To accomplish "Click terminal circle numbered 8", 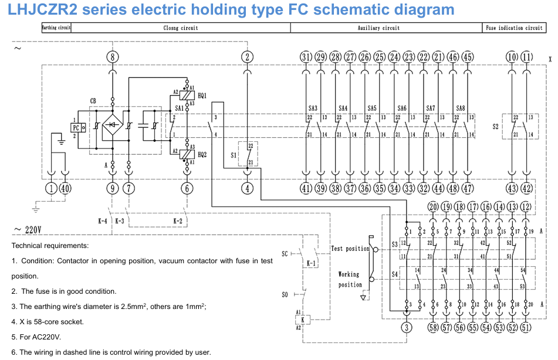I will [113, 57].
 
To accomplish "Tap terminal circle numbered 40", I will [65, 188].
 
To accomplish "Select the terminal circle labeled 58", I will [433, 327].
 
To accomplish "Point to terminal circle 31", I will [306, 57].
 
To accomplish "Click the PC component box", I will [76, 128].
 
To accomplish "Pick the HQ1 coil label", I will [202, 95].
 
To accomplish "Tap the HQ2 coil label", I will [202, 154].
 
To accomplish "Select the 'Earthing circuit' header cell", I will [56, 28].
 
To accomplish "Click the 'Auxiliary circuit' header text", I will [378, 28].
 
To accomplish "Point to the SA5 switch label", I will [372, 108].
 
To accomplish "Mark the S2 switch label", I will [496, 126].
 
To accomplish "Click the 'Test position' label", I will [350, 249].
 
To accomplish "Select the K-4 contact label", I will [103, 221].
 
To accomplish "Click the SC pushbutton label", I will [285, 254].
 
